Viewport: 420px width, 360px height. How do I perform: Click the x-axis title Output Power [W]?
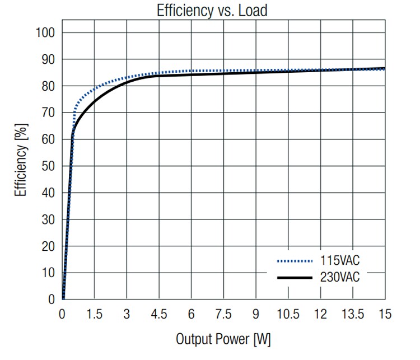223,339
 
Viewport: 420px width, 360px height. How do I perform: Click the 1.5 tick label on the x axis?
95,314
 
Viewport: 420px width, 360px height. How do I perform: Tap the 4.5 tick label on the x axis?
159,314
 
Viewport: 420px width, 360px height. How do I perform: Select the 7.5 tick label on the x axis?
224,314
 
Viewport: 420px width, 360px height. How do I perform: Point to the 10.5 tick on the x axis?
288,314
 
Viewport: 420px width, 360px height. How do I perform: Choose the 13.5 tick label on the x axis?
353,314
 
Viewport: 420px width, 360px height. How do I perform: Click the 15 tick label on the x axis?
384,314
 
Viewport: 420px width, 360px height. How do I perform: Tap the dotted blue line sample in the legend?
294,261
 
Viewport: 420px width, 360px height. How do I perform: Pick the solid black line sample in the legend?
294,277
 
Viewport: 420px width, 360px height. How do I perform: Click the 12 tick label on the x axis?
320,314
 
